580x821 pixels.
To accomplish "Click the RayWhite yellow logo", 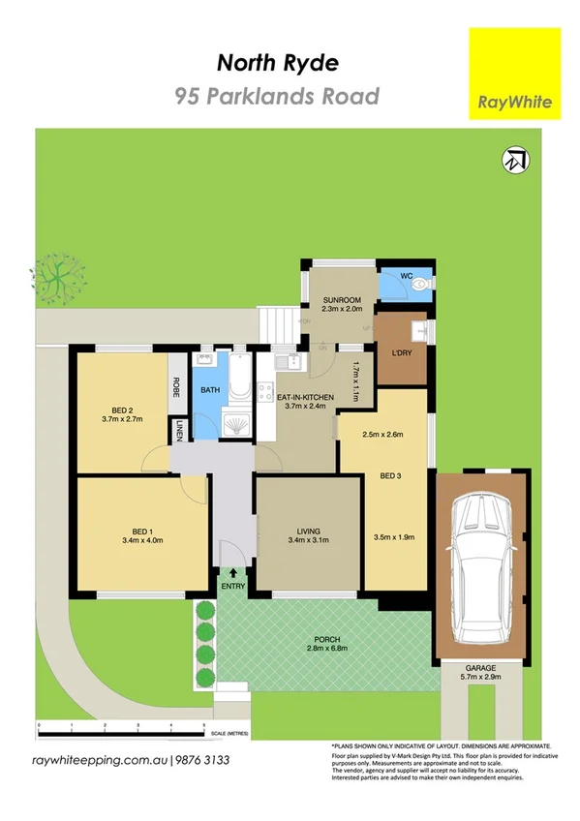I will (514, 73).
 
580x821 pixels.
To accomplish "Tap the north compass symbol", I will (516, 160).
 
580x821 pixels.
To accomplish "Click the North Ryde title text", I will (278, 64).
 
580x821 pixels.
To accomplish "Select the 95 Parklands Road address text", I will (277, 96).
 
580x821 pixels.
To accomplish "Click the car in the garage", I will (481, 565).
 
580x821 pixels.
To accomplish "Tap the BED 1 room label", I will (141, 531).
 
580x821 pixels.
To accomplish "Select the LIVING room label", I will (309, 531).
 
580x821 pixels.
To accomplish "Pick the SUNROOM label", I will (342, 300).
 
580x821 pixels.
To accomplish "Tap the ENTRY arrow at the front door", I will (232, 574).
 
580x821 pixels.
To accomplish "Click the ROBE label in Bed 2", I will (177, 388).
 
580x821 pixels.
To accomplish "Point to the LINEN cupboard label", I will (179, 432).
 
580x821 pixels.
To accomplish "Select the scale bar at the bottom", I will (121, 726).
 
